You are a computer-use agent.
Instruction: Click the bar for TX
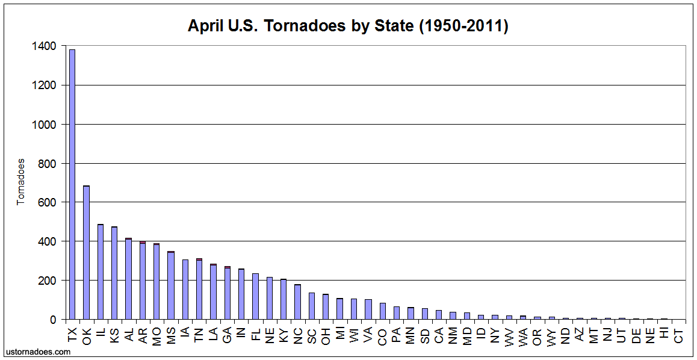click(72, 184)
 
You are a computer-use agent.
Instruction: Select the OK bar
click(87, 252)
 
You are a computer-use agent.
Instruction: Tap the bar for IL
click(101, 272)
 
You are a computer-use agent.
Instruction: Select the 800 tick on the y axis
click(48, 163)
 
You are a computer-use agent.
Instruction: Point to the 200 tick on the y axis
click(48, 281)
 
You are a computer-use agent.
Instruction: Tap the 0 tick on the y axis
click(54, 320)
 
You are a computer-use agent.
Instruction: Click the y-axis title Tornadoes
click(21, 182)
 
